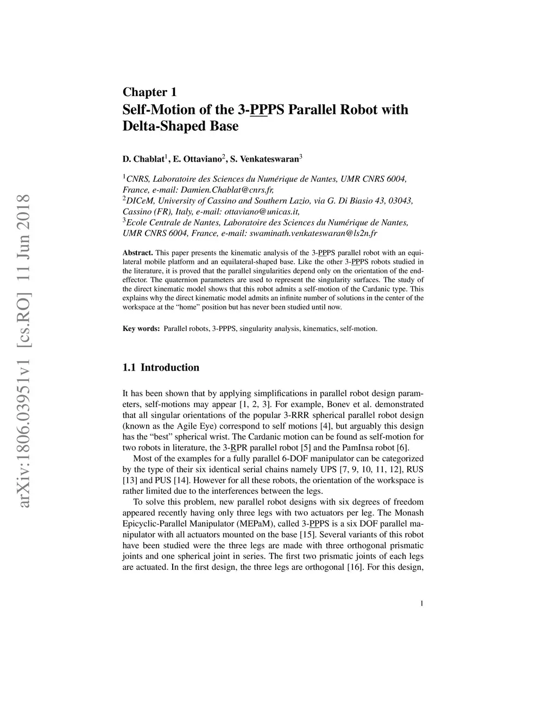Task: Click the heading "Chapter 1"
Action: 149,92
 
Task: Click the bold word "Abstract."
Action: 138,253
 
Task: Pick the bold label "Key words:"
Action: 141,329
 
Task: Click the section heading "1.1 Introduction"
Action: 161,367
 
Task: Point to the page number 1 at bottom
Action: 421,603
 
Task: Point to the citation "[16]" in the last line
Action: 354,567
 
